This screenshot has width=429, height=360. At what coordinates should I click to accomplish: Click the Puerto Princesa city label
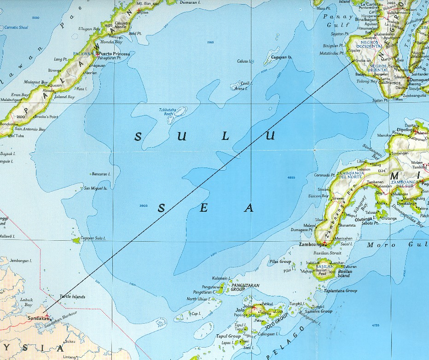tap(114, 53)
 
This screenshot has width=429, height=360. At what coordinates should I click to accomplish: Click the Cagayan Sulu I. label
tap(93, 238)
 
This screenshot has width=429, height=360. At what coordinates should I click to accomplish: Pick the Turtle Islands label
tap(73, 297)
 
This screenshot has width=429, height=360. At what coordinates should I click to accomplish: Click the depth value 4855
tap(290, 177)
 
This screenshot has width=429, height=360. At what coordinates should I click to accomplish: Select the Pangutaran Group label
tap(245, 287)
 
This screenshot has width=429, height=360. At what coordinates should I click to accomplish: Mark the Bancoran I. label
tap(101, 174)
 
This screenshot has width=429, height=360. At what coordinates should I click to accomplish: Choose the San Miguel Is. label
tap(96, 188)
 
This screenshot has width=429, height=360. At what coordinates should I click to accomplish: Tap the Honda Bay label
tap(122, 41)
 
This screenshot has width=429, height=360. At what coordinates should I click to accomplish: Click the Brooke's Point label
tap(47, 117)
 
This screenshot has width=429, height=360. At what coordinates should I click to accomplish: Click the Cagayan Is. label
tap(282, 57)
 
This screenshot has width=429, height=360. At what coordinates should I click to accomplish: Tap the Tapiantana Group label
tap(341, 291)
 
